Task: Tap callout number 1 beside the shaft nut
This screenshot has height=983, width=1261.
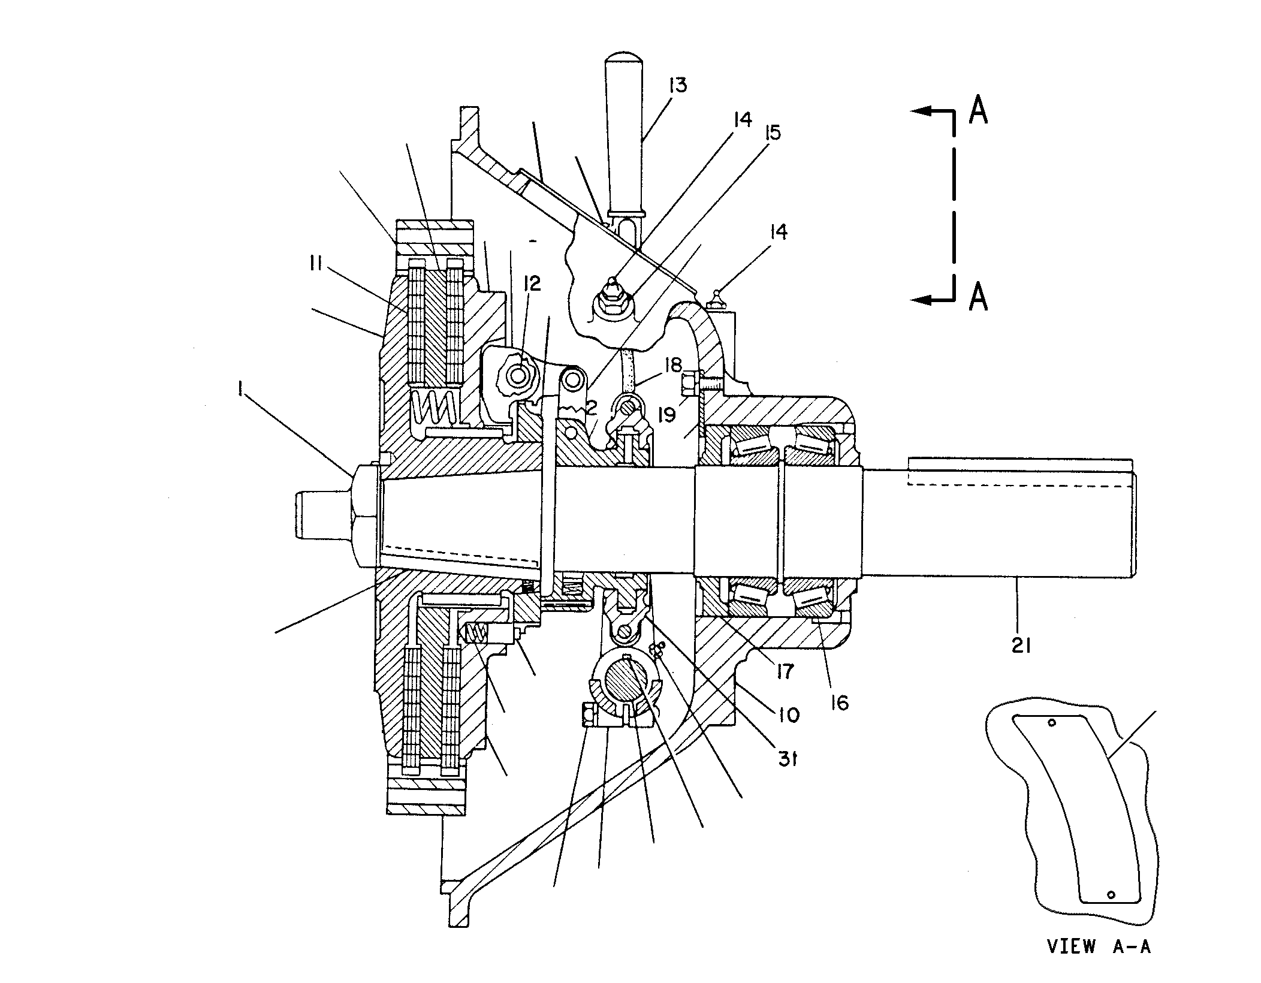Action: click(x=240, y=390)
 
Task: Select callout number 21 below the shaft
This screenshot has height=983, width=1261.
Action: click(x=1020, y=645)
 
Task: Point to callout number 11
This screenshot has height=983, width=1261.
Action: click(x=317, y=263)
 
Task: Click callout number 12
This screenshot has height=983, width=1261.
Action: click(x=532, y=284)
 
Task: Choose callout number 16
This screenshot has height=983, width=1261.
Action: click(x=840, y=702)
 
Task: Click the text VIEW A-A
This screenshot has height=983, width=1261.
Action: click(x=1099, y=946)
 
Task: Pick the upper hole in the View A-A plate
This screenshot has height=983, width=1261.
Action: click(x=1051, y=723)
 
